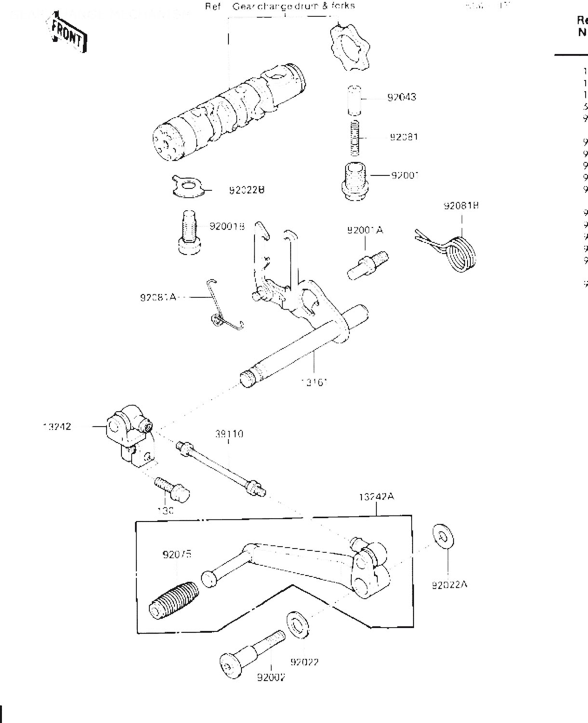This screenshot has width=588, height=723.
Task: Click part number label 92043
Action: (x=402, y=97)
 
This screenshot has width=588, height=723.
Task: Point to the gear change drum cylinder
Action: (x=227, y=115)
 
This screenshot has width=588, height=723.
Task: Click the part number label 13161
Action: (x=314, y=383)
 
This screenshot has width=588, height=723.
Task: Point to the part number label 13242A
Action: (x=376, y=497)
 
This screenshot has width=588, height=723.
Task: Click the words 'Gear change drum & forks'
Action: (x=294, y=6)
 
